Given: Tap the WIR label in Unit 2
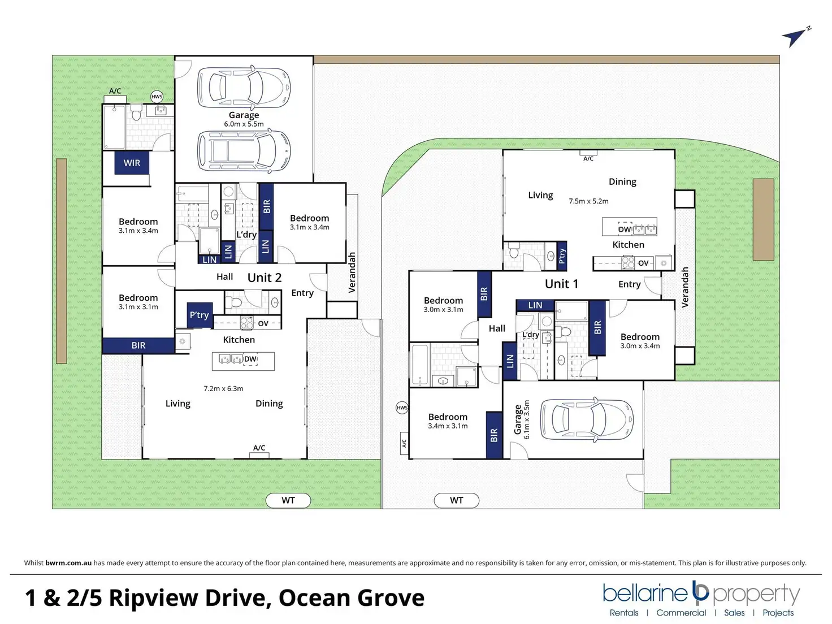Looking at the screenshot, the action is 132,163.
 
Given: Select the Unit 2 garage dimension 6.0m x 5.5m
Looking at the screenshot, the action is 244,124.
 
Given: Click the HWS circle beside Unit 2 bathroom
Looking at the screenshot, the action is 157,97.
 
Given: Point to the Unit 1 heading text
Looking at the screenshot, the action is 561,284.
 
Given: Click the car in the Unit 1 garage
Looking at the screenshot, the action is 587,419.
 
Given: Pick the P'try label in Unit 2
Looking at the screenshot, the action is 200,315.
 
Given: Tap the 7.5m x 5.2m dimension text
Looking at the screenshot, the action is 588,201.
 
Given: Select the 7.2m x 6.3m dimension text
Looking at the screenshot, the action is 223,388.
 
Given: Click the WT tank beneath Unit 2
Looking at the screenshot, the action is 288,500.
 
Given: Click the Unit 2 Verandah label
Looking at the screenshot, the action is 352,272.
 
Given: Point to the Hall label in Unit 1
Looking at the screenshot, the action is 497,328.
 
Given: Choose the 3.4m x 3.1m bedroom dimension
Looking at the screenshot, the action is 448,426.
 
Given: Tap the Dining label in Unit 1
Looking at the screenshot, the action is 622,182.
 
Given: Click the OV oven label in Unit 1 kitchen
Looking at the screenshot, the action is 643,263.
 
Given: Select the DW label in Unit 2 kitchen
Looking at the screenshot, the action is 250,359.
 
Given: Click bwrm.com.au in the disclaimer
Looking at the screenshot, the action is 68,562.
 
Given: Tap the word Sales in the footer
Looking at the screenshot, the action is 734,613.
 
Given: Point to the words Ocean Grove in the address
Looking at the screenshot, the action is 352,597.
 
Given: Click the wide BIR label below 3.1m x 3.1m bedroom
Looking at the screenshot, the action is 138,345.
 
